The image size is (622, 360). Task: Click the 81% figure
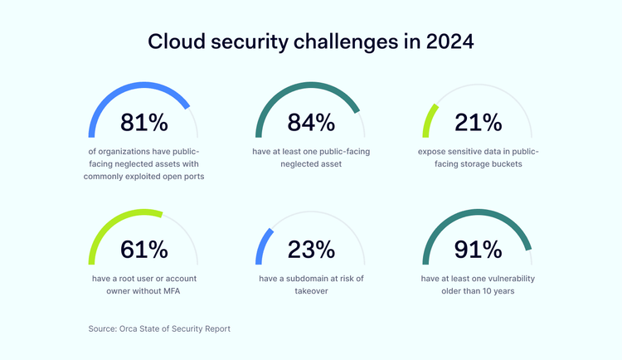coord(144,123)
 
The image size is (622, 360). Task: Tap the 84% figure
coord(311,123)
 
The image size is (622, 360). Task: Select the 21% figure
coord(479,123)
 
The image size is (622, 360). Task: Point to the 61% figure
coord(144,249)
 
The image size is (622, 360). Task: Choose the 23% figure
coord(311,249)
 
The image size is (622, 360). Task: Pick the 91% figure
coord(479,249)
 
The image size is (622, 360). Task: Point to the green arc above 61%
coord(116,217)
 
